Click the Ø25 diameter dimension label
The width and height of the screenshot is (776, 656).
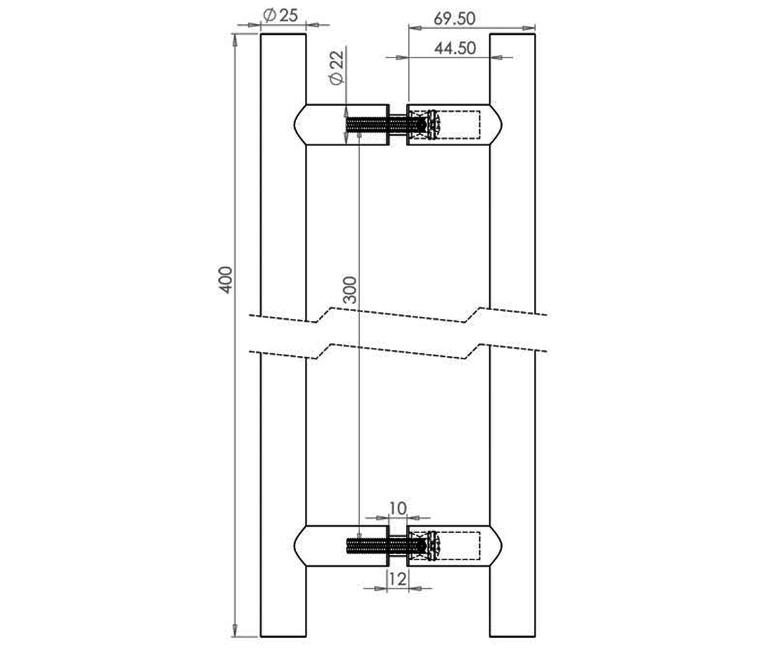tap(280, 16)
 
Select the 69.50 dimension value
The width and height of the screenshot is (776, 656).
tap(455, 19)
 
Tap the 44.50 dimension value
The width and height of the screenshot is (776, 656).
tap(455, 49)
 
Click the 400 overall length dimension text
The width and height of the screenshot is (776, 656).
tap(225, 280)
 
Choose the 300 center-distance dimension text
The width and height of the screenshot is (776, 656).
tap(349, 290)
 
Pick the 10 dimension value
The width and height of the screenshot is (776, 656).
tap(398, 508)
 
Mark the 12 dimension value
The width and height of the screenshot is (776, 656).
tap(398, 579)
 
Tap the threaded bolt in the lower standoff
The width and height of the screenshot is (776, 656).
tap(385, 546)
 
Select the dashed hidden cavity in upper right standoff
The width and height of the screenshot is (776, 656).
tap(444, 125)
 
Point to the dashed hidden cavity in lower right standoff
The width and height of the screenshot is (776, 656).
tap(444, 546)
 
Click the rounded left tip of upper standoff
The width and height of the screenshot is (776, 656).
tap(295, 125)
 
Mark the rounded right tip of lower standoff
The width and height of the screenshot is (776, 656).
tap(502, 546)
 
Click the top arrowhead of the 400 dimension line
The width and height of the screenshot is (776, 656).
tap(235, 39)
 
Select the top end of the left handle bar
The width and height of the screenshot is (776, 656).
tap(283, 34)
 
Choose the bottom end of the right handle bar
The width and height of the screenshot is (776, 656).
tap(513, 637)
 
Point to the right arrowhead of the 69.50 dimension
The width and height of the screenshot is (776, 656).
tap(528, 28)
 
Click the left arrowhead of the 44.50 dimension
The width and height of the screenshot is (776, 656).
tap(402, 58)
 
